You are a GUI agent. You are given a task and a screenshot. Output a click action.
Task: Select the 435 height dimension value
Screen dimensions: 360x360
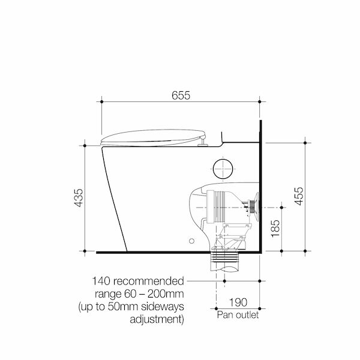[x=79, y=199]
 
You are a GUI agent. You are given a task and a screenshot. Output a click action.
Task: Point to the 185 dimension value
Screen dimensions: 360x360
[x=275, y=229]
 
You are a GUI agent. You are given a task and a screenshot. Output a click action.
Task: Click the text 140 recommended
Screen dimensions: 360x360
[x=138, y=281]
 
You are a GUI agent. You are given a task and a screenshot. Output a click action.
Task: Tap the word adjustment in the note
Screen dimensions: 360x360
[x=157, y=319]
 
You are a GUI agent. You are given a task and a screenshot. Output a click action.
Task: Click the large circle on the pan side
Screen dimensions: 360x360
[x=223, y=168]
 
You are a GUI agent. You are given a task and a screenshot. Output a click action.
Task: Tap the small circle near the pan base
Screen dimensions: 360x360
[x=191, y=242]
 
